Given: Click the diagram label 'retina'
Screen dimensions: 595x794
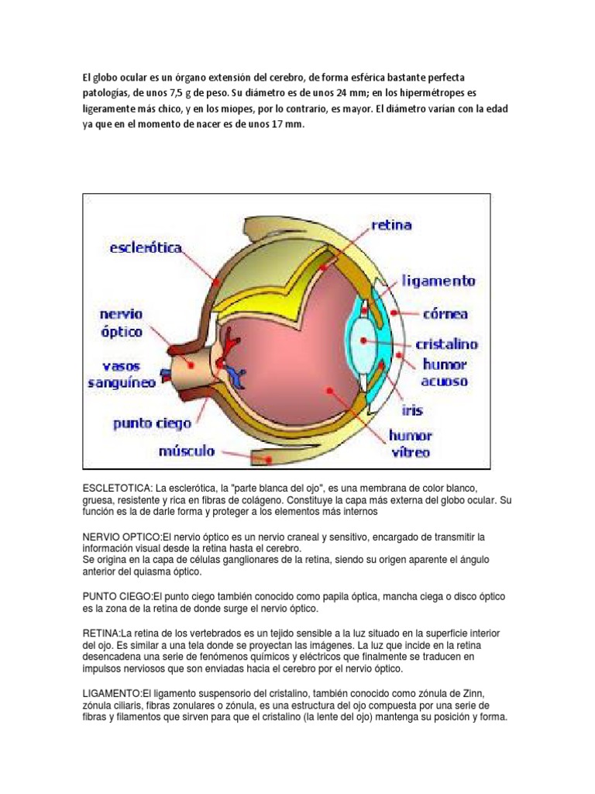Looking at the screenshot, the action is [392, 226].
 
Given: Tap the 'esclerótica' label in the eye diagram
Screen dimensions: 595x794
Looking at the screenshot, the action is [146, 248].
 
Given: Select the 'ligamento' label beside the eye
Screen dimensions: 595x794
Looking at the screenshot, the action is [439, 281].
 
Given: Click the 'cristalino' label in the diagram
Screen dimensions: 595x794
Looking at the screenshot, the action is [447, 343].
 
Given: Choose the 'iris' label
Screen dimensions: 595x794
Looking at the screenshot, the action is [412, 409].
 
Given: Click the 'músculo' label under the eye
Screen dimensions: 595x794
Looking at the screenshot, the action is [187, 451].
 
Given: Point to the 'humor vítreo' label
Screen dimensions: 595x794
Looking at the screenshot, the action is [411, 444].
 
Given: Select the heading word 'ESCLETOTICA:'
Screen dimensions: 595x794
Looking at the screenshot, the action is [118, 488].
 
